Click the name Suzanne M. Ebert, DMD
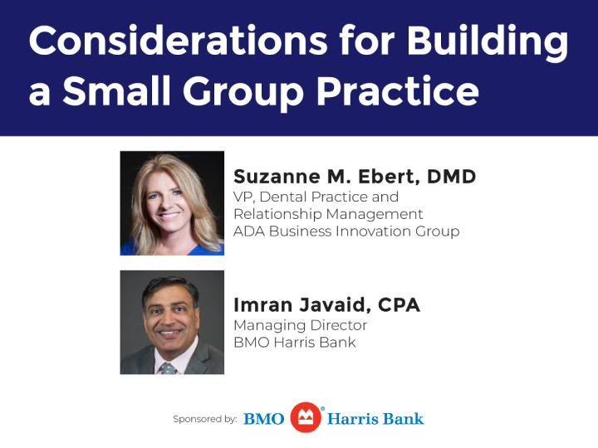coord(354,177)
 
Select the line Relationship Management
coord(328,214)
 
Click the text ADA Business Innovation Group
coord(346,231)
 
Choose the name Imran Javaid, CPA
coord(326,305)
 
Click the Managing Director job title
coord(300,325)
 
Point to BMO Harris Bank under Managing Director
coord(294,342)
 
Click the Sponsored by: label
coord(204,419)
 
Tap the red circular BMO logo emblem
coord(306,418)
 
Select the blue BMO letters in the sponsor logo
coord(264,419)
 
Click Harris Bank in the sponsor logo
coord(375,419)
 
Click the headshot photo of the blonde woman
coord(172,202)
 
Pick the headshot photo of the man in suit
coord(172,322)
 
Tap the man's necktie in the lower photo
coord(169,367)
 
